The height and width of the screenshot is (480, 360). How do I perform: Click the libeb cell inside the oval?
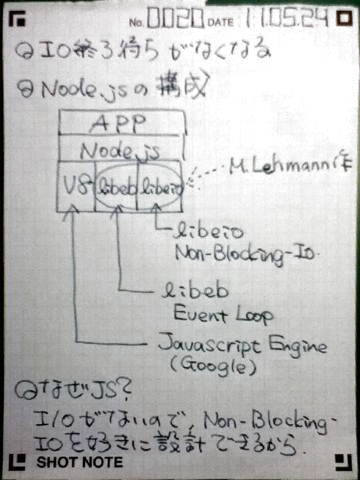(x=116, y=186)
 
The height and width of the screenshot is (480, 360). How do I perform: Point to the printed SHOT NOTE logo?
(x=80, y=463)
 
